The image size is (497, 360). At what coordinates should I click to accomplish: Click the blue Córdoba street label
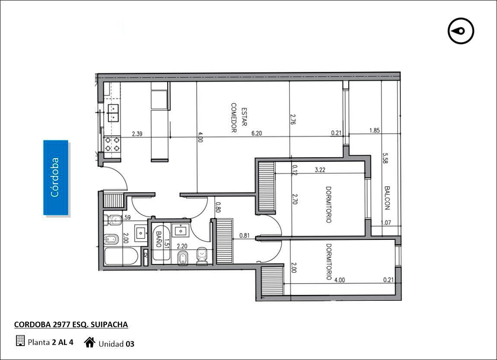pyautogui.click(x=55, y=178)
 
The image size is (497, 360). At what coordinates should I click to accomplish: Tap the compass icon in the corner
pyautogui.click(x=461, y=31)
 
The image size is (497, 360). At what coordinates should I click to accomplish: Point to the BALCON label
pyautogui.click(x=387, y=198)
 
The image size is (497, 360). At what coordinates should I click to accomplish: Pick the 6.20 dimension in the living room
pyautogui.click(x=257, y=134)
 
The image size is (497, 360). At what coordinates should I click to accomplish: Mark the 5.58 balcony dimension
pyautogui.click(x=385, y=158)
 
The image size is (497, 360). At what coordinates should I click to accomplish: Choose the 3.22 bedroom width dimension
pyautogui.click(x=320, y=170)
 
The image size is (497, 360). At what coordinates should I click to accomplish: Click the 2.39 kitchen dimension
pyautogui.click(x=137, y=134)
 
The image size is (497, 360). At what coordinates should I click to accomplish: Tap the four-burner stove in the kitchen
pyautogui.click(x=112, y=144)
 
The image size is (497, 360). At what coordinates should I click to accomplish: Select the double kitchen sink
pyautogui.click(x=112, y=113)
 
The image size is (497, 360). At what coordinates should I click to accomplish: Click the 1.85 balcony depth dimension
pyautogui.click(x=374, y=130)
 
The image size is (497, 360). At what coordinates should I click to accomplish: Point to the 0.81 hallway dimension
pyautogui.click(x=244, y=236)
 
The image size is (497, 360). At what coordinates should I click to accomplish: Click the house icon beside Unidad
pyautogui.click(x=90, y=342)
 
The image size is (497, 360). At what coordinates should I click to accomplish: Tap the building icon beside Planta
pyautogui.click(x=20, y=341)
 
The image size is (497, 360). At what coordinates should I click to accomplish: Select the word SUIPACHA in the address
pyautogui.click(x=109, y=325)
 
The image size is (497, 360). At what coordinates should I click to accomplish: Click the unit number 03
pyautogui.click(x=130, y=344)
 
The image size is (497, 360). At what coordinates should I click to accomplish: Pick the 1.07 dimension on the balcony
pyautogui.click(x=386, y=223)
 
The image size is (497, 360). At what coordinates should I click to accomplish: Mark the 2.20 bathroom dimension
pyautogui.click(x=182, y=246)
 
